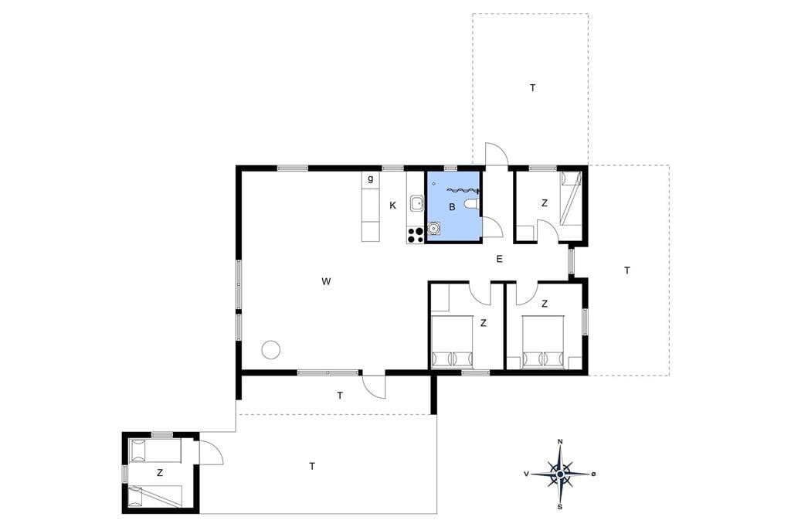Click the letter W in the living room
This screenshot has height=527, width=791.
[x=327, y=281]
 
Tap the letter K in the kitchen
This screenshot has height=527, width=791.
[x=392, y=205]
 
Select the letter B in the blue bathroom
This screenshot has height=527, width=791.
[x=452, y=206]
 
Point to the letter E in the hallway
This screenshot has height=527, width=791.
[x=500, y=259]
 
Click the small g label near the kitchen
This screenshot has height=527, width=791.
[x=371, y=178]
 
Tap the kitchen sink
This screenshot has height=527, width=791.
[x=416, y=204]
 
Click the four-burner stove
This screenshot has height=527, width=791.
[x=416, y=235]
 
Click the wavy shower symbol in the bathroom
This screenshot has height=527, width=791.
[x=462, y=190]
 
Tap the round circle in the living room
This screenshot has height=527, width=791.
[x=271, y=349]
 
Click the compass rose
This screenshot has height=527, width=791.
[x=560, y=474]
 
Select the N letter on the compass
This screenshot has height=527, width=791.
[x=560, y=442]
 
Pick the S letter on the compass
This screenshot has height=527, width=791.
[x=560, y=506]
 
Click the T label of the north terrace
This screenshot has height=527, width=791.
[x=533, y=88]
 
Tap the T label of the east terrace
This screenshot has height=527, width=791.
[x=627, y=270]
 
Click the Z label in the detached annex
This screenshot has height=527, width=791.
[x=160, y=473]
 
